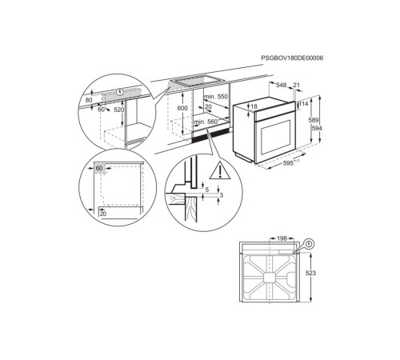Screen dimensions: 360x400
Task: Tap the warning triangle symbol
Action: click(218, 170)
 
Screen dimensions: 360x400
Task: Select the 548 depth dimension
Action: click(281, 86)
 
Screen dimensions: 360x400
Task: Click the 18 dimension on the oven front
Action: click(254, 106)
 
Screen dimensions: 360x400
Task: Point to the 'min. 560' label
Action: click(206, 122)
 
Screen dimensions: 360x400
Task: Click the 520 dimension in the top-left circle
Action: click(120, 110)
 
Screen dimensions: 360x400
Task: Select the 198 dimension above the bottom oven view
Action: click(282, 238)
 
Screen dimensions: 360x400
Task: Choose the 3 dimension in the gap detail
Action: click(220, 194)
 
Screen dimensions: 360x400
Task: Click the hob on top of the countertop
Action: click(193, 82)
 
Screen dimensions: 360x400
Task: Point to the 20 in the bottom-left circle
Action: click(102, 214)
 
